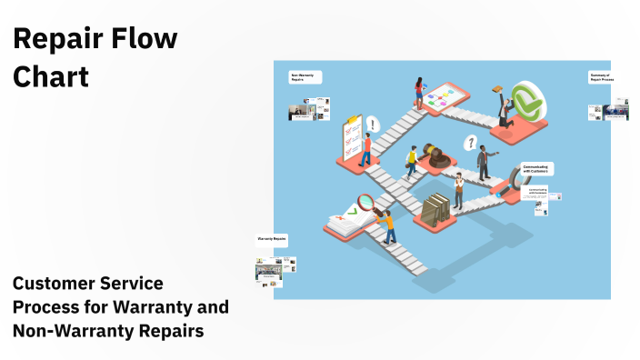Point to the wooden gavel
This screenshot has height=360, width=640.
click(x=435, y=154)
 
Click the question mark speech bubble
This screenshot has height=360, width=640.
click(x=471, y=141)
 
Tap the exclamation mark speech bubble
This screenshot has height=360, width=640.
click(x=373, y=123)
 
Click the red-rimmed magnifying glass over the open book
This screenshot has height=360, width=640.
click(x=368, y=202)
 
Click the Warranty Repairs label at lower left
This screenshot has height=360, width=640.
click(x=272, y=239)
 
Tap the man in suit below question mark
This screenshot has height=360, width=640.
click(x=484, y=162)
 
